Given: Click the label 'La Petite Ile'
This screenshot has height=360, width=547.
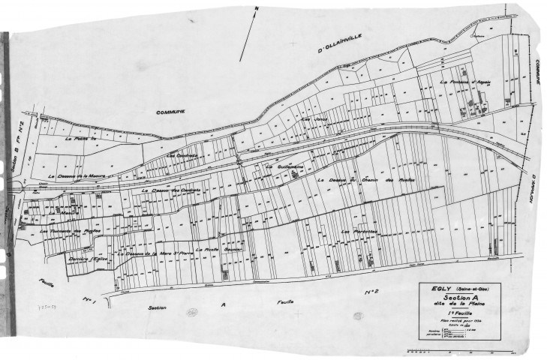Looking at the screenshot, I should tap(77, 139).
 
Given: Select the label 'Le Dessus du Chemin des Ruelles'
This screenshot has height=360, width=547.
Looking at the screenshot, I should tap(366, 180).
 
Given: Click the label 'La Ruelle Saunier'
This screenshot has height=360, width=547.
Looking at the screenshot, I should tap(216, 249).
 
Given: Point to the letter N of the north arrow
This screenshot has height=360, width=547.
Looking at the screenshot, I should tap(256, 9).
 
